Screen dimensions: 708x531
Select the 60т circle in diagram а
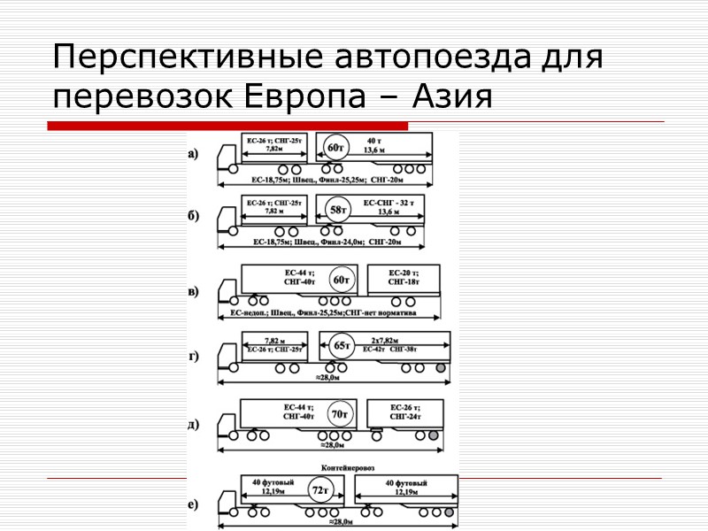(x=336, y=147)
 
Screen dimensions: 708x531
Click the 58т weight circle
(x=336, y=211)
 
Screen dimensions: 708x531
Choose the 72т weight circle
(x=319, y=489)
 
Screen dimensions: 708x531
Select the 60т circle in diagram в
(x=341, y=281)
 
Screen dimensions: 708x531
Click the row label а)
(x=193, y=153)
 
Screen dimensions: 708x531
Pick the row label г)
(x=193, y=357)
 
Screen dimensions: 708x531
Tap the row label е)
(x=193, y=504)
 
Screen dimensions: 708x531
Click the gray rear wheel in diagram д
(x=433, y=435)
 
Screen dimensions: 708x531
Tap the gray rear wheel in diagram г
(x=438, y=366)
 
